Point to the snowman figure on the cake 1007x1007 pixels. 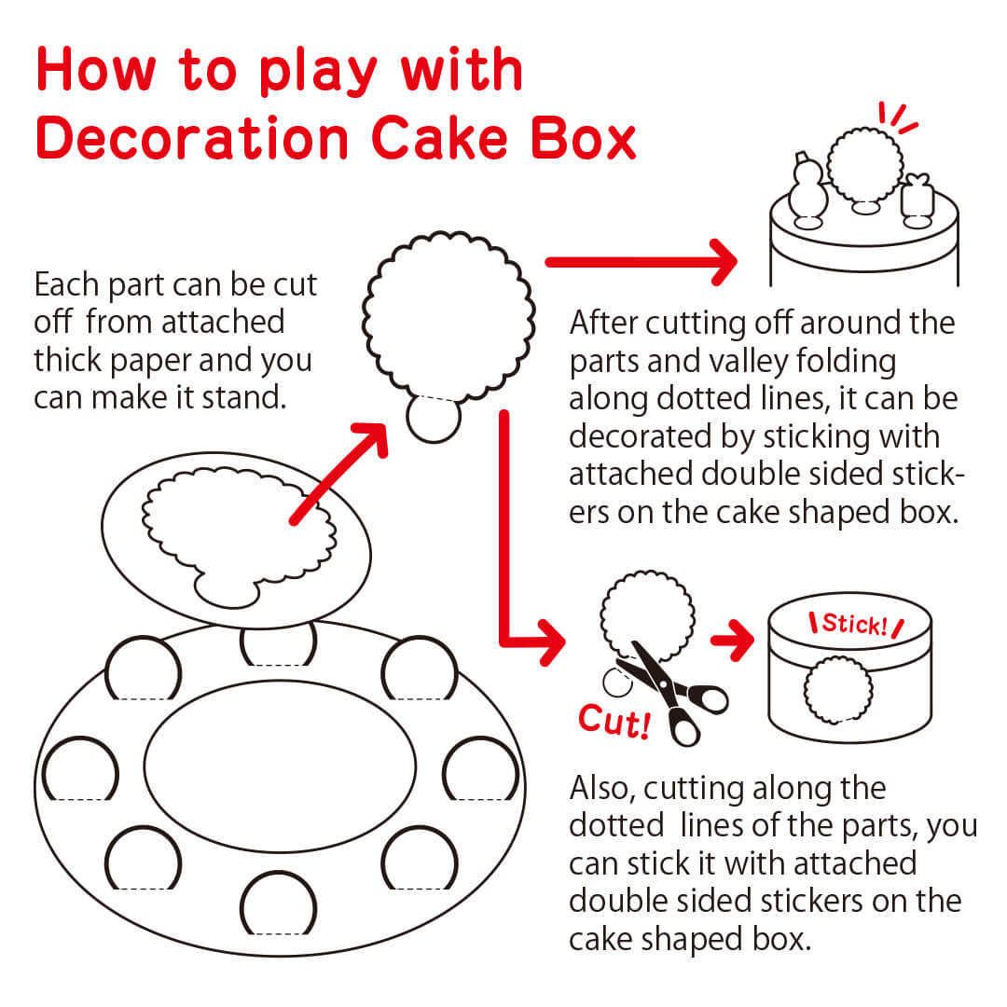coord(807,190)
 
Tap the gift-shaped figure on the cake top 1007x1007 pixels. coord(916,199)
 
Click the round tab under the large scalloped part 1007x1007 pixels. coord(435,419)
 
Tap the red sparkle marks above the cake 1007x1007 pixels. coord(899,118)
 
